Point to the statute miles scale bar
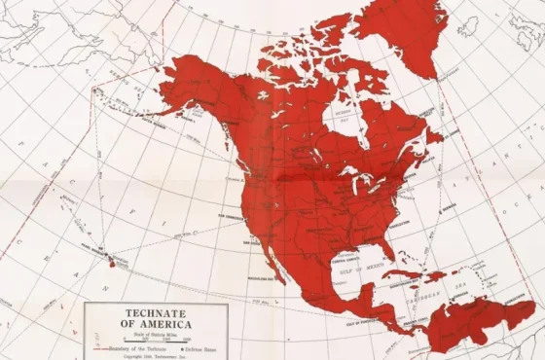click(156, 341)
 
